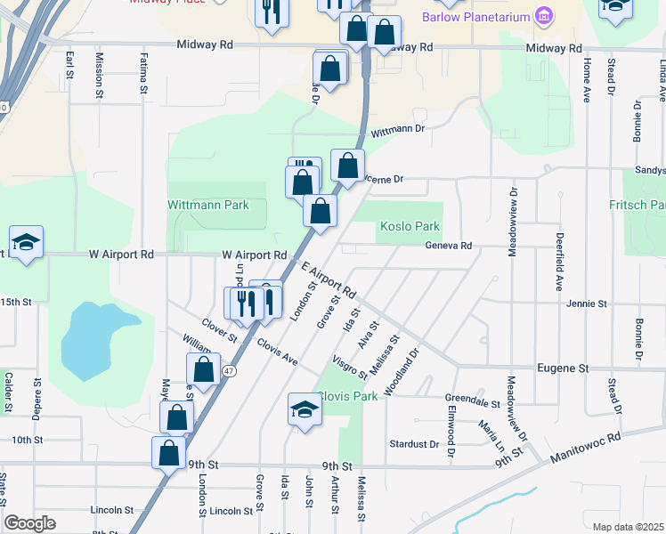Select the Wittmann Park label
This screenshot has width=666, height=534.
[208, 205]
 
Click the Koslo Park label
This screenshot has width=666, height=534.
[410, 227]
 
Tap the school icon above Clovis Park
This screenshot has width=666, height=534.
[305, 410]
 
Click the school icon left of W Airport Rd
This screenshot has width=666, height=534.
[27, 242]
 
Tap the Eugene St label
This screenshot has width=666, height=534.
[564, 368]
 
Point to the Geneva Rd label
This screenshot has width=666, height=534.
[448, 246]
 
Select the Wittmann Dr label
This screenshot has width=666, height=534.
[399, 130]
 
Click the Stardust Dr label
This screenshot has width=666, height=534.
[415, 443]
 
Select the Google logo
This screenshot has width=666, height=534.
[29, 523]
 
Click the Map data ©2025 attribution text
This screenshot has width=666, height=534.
[628, 527]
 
